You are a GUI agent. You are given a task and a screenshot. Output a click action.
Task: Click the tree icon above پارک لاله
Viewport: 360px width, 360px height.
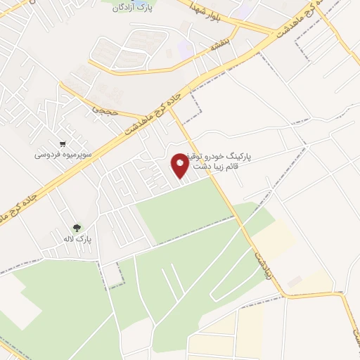point(77,227)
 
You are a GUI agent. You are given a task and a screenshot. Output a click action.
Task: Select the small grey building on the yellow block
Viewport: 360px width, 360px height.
point(294,281)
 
